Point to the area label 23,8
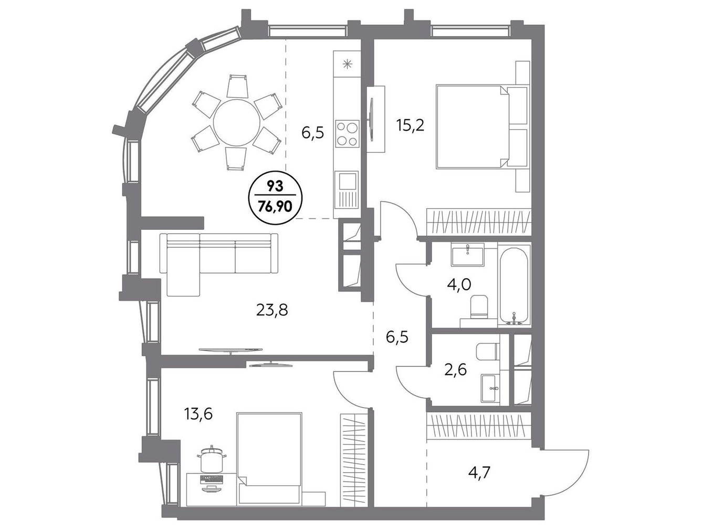pyautogui.click(x=272, y=310)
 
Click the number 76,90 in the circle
pyautogui.click(x=275, y=207)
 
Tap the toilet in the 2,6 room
pyautogui.click(x=487, y=352)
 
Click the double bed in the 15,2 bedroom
pyautogui.click(x=481, y=127)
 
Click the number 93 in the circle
pyautogui.click(x=275, y=187)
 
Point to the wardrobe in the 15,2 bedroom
pyautogui.click(x=479, y=222)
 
